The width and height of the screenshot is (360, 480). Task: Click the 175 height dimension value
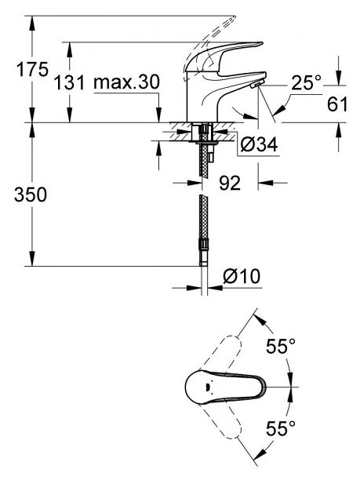(x=32, y=70)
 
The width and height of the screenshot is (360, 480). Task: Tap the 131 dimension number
(x=69, y=82)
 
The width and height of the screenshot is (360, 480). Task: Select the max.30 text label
(x=127, y=82)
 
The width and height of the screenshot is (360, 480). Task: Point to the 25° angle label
(x=306, y=82)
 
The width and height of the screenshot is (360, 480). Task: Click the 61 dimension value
(x=337, y=104)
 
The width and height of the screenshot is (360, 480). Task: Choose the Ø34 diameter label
(x=259, y=144)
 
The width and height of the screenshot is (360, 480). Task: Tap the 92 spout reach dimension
(x=230, y=184)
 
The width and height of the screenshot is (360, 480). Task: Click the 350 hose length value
(x=31, y=195)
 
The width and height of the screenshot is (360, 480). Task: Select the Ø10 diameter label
(x=242, y=276)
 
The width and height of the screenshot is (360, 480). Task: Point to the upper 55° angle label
(x=281, y=346)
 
